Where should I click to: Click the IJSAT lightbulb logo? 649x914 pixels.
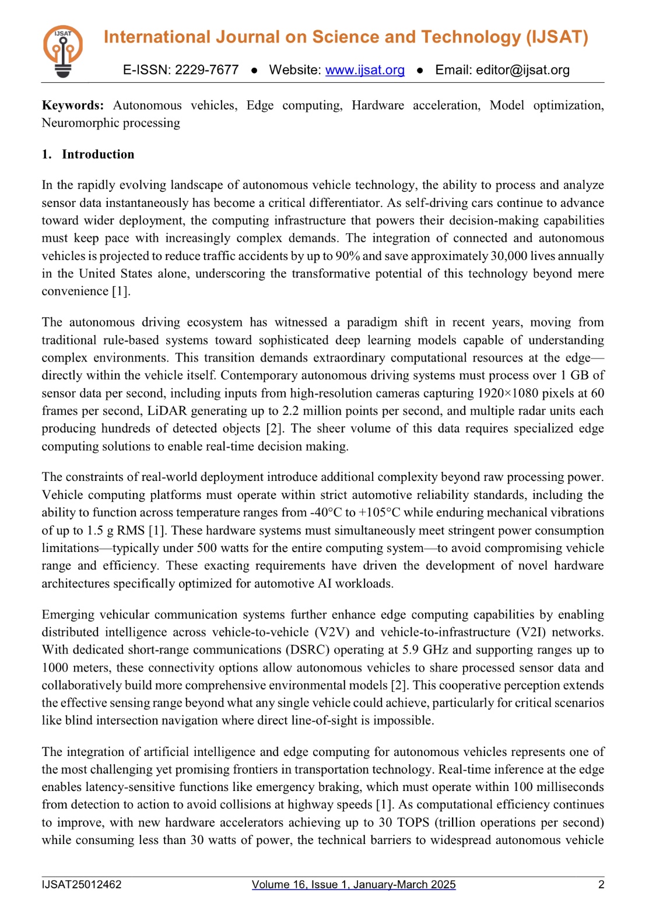click(62, 51)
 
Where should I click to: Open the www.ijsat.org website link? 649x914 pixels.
click(364, 70)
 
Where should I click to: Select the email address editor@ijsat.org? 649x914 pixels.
click(522, 70)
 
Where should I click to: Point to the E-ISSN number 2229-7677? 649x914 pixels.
click(206, 70)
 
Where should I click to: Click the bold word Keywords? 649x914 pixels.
click(73, 106)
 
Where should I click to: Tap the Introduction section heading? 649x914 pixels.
click(98, 154)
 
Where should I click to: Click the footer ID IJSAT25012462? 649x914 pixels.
click(82, 885)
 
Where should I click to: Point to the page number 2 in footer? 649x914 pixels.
click(601, 885)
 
